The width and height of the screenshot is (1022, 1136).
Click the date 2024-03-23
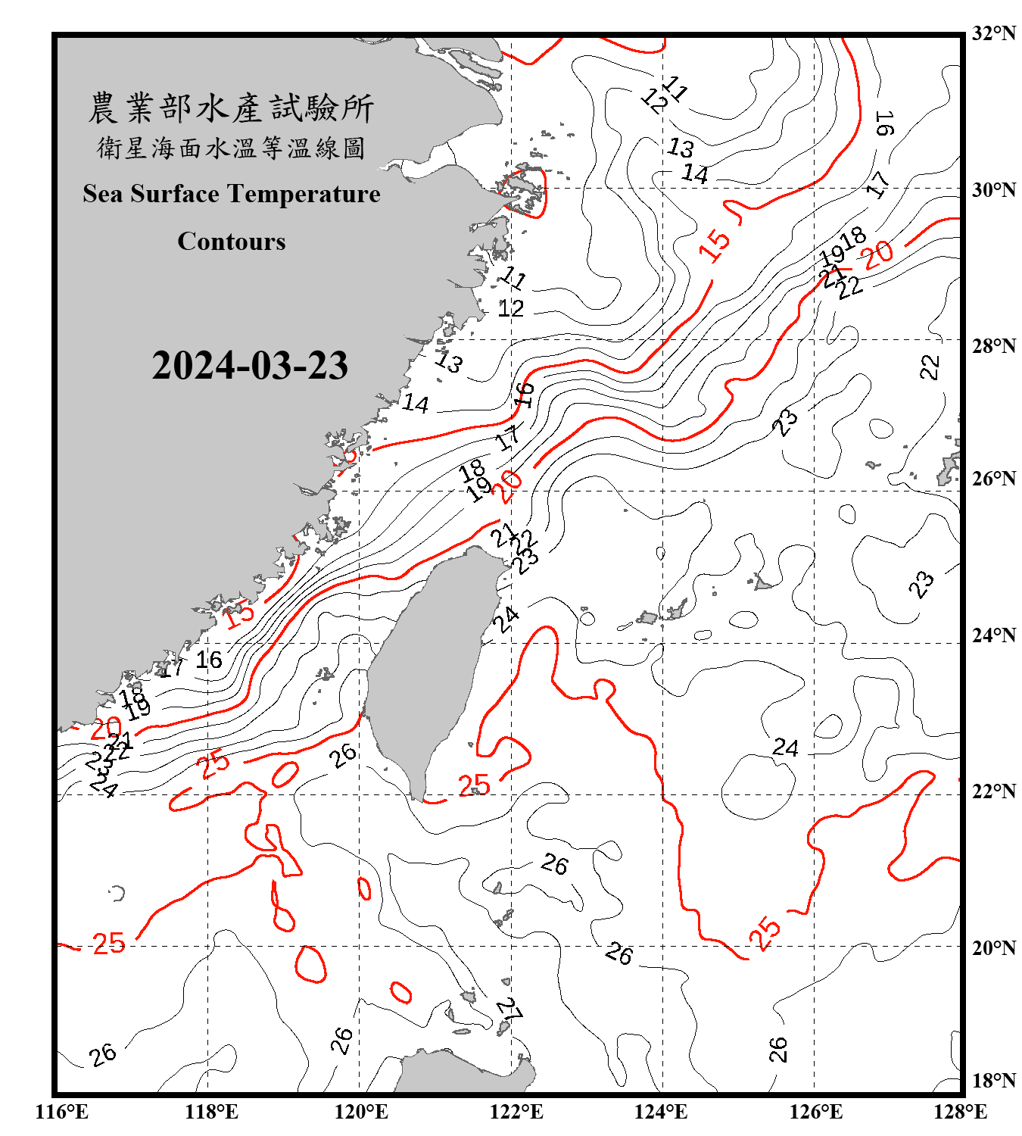pyautogui.click(x=250, y=365)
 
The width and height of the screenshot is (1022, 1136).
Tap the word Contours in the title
pyautogui.click(x=232, y=241)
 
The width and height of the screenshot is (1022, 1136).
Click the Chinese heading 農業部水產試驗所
pyautogui.click(x=231, y=108)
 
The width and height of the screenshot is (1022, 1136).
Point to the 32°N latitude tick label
pyautogui.click(x=993, y=33)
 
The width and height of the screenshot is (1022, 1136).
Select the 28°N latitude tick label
pyautogui.click(x=993, y=346)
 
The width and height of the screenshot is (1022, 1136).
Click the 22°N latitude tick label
pyautogui.click(x=993, y=791)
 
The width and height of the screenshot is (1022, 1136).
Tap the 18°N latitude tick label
pyautogui.click(x=993, y=1081)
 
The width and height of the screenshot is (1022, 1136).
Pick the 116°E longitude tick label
pyautogui.click(x=62, y=1112)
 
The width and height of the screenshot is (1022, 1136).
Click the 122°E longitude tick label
pyautogui.click(x=516, y=1112)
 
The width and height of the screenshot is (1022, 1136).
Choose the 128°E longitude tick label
pyautogui.click(x=960, y=1112)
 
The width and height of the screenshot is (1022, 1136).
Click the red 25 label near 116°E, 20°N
pyautogui.click(x=109, y=944)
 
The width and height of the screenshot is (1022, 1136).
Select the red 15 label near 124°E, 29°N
pyautogui.click(x=715, y=243)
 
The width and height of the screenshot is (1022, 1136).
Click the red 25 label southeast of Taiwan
pyautogui.click(x=474, y=785)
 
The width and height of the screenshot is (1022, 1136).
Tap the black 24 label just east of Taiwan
pyautogui.click(x=506, y=619)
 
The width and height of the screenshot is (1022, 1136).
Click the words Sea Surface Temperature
pyautogui.click(x=232, y=194)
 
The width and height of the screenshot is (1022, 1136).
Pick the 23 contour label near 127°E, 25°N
pyautogui.click(x=921, y=584)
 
